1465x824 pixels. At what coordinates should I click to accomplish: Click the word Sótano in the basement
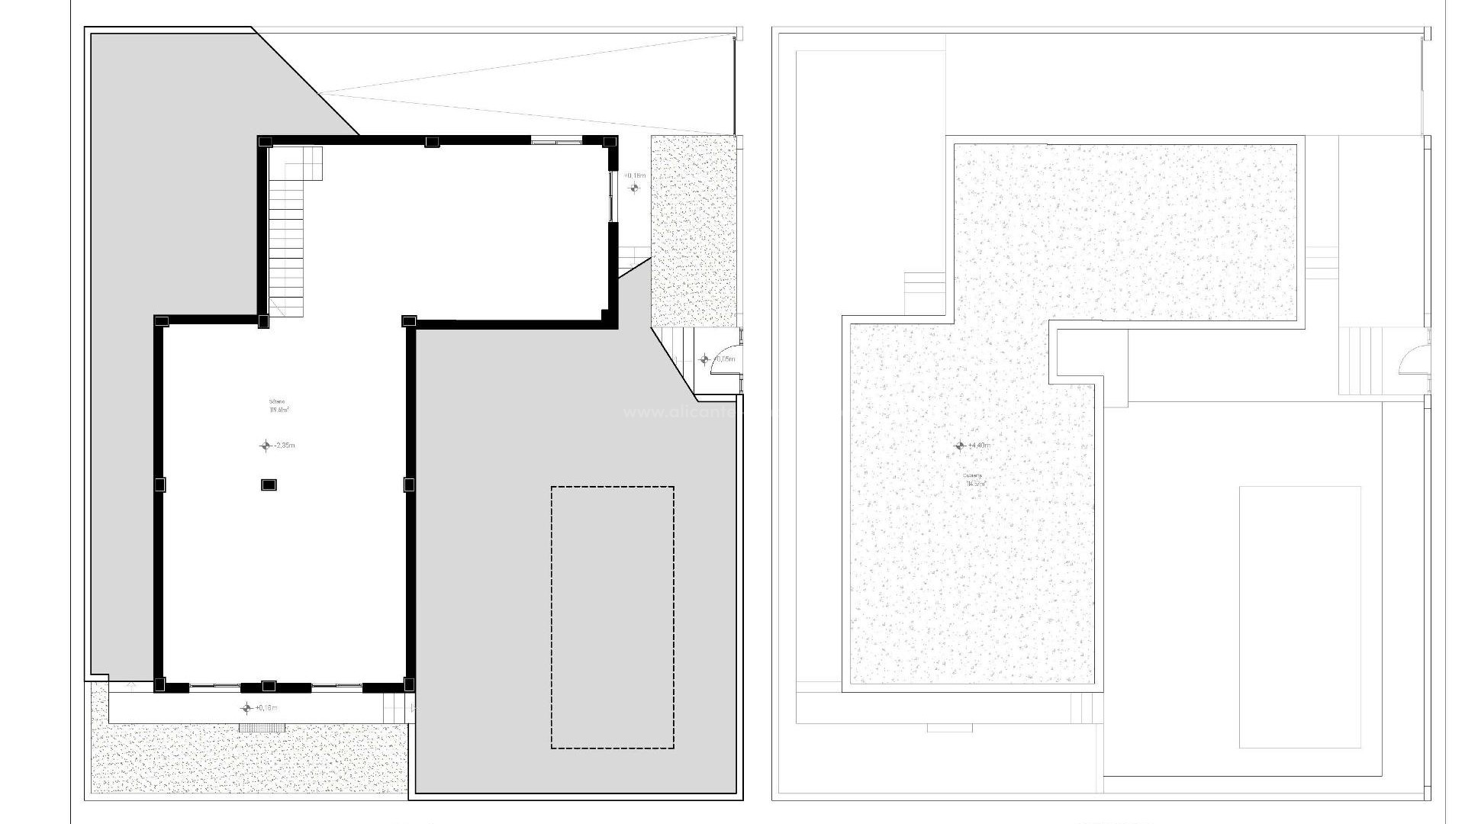tap(276, 402)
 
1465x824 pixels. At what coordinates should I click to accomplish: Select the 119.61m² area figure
tap(279, 410)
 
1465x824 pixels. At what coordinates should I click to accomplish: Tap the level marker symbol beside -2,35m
tap(266, 446)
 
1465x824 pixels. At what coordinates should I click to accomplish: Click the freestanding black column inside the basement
tap(269, 484)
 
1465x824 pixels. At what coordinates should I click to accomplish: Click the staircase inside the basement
tap(287, 229)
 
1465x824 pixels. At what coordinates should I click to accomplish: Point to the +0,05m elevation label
tap(724, 359)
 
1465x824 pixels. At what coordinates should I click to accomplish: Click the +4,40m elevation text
tap(979, 446)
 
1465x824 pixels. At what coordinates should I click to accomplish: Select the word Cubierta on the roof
tap(973, 475)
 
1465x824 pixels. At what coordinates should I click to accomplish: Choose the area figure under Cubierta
tap(974, 484)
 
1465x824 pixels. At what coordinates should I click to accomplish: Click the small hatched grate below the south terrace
tap(262, 728)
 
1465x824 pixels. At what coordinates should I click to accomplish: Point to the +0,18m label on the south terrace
tap(266, 708)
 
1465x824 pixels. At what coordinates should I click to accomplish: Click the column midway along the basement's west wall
tap(160, 484)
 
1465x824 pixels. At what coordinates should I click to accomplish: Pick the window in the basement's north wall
tap(556, 141)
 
